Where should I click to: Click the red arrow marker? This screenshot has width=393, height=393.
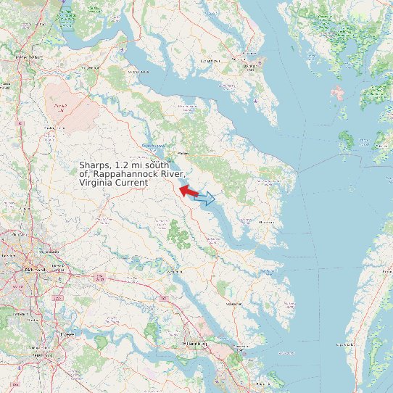(x=188, y=191)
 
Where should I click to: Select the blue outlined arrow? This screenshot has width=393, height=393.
(x=207, y=198)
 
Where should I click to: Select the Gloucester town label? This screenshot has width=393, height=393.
(x=233, y=303)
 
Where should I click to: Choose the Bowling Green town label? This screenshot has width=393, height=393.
(x=49, y=128)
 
